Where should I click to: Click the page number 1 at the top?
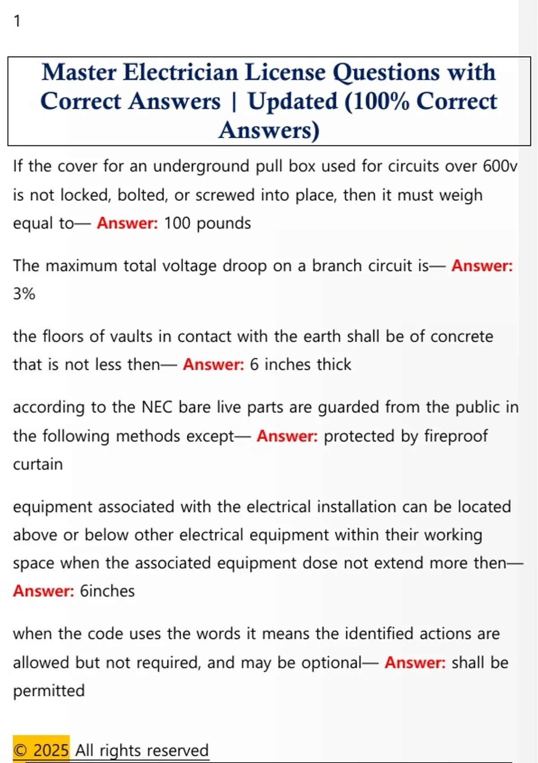pyautogui.click(x=17, y=21)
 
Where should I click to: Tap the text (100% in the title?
pyautogui.click(x=377, y=101)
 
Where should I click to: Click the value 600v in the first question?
pyautogui.click(x=500, y=167)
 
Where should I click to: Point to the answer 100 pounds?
pyautogui.click(x=207, y=223)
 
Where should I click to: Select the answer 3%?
pyautogui.click(x=24, y=294)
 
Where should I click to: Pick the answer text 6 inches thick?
pyautogui.click(x=300, y=364)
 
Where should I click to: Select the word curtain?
pyautogui.click(x=38, y=464)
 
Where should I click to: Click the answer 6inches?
pyautogui.click(x=107, y=591)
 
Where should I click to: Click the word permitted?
pyautogui.click(x=49, y=691)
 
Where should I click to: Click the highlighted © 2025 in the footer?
pyautogui.click(x=41, y=750)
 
